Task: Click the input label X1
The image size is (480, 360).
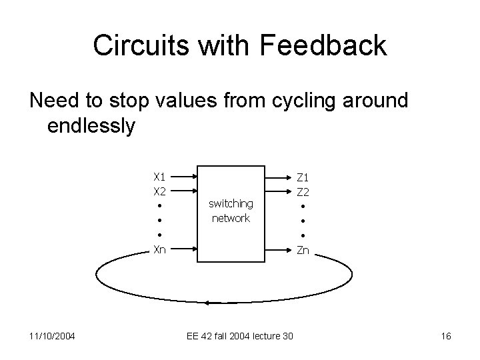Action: (x=159, y=177)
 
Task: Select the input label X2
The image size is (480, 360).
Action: (x=159, y=191)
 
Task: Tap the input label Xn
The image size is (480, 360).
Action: (x=159, y=250)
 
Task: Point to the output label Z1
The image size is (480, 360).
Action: (x=303, y=177)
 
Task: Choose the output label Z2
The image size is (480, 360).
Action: (x=303, y=192)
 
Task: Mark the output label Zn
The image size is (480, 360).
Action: (x=303, y=251)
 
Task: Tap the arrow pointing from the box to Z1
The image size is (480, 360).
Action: (x=279, y=177)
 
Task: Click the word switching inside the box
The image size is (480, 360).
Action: (x=231, y=203)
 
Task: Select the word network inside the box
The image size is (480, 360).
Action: (x=231, y=218)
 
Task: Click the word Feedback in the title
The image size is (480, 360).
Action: (x=323, y=45)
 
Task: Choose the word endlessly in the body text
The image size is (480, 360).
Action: (x=92, y=125)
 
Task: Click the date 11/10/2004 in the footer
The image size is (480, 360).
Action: (x=51, y=336)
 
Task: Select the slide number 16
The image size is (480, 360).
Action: (x=446, y=336)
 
